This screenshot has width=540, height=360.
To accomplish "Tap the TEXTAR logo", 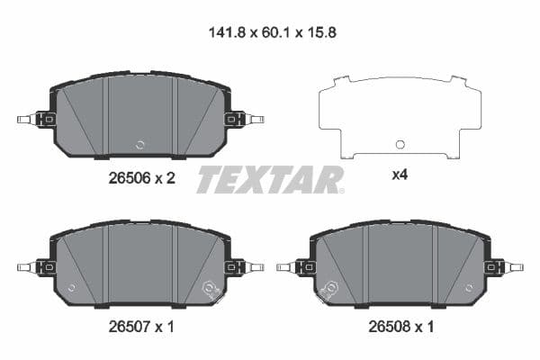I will click(270, 179).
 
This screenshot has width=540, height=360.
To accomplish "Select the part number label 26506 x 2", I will click(135, 178).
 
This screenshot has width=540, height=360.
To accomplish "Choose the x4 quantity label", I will click(400, 175).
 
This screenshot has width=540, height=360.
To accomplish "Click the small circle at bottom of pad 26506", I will click(139, 144).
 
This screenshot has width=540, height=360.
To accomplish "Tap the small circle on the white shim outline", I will click(400, 144).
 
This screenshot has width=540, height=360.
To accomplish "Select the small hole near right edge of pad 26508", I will click(467, 289).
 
